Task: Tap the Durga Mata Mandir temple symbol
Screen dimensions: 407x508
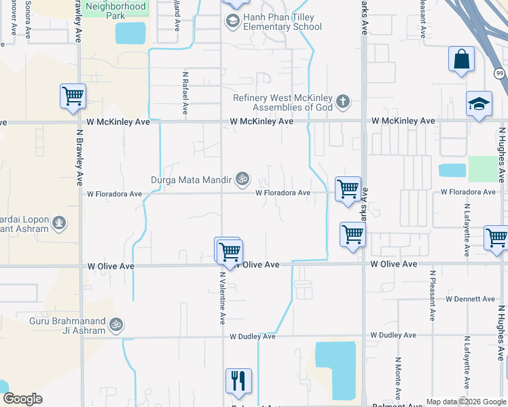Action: coord(242,180)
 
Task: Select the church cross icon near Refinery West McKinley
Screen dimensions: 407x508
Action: coord(343,102)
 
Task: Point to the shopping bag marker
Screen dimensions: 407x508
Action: coord(461,59)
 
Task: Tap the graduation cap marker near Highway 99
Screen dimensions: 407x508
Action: coord(479,104)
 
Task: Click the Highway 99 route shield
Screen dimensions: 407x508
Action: coord(499,73)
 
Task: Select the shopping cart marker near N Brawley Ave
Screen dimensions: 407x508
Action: coord(73,96)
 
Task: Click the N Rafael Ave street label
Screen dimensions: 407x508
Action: coord(185,93)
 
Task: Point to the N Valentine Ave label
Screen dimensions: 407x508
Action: coord(222,298)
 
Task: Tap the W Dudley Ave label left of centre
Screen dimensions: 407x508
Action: coord(252,336)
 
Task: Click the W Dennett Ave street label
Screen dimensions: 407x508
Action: coord(471,298)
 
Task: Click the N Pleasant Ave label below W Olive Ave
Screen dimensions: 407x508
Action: coord(432,296)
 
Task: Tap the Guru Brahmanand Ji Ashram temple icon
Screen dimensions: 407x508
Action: coord(116,326)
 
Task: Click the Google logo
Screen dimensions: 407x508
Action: coord(22,399)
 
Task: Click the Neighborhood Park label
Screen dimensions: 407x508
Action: coord(115,10)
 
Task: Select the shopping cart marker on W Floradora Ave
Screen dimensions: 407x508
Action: coord(348,189)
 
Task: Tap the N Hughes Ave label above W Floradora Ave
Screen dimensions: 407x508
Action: coord(502,154)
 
